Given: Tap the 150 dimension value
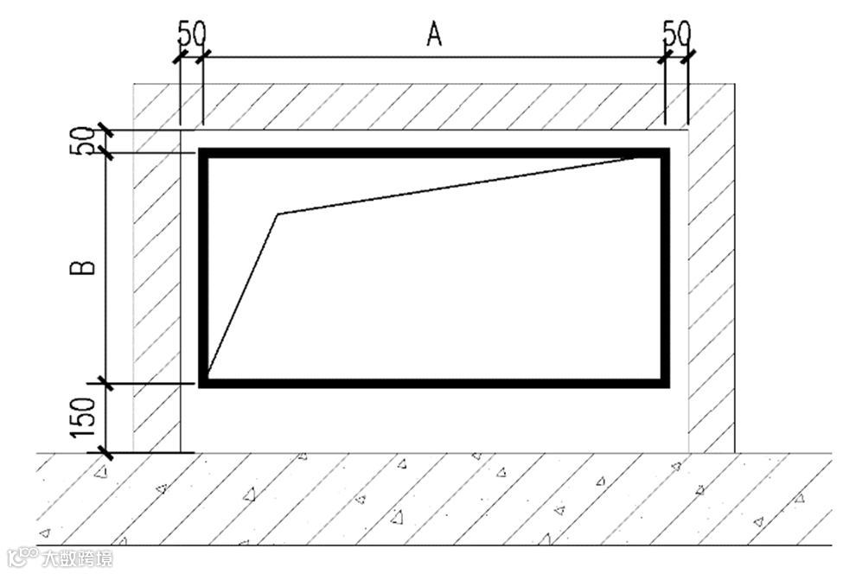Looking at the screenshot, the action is point(83,417).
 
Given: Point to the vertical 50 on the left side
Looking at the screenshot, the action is point(82,141).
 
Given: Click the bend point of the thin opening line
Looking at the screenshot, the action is point(278,214).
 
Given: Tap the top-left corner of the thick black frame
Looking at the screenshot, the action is point(204,153).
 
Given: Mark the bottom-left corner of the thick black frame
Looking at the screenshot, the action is point(204,382).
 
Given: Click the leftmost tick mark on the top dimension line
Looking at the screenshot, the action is point(180,58).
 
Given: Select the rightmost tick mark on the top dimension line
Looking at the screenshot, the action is point(688,58).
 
